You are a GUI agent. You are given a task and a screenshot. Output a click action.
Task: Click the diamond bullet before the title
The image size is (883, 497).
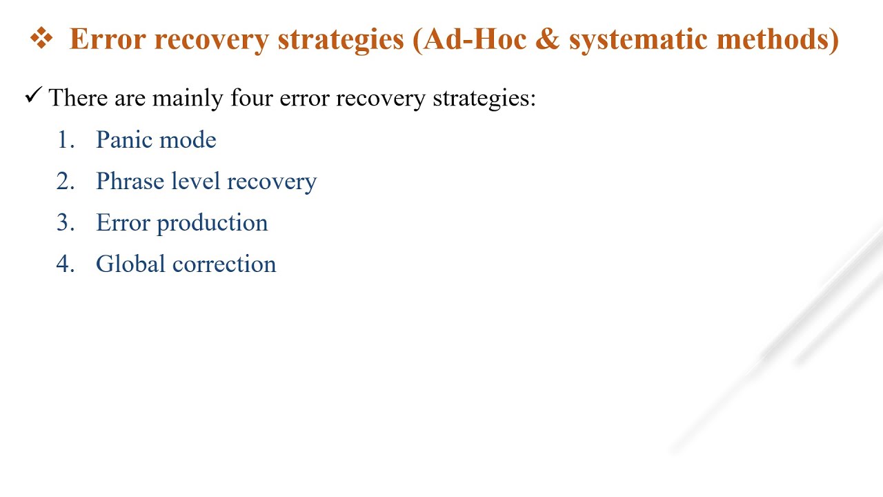click(41, 39)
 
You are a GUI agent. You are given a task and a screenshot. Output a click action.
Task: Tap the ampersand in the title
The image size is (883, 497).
click(548, 39)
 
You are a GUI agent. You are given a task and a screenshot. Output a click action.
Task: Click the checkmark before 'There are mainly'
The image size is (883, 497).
click(33, 96)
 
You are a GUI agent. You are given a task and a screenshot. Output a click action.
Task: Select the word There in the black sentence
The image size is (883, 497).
click(78, 98)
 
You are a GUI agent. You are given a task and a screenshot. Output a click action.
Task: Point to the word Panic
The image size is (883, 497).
click(123, 140)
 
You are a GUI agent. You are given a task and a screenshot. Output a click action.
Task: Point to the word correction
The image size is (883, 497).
click(224, 264)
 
